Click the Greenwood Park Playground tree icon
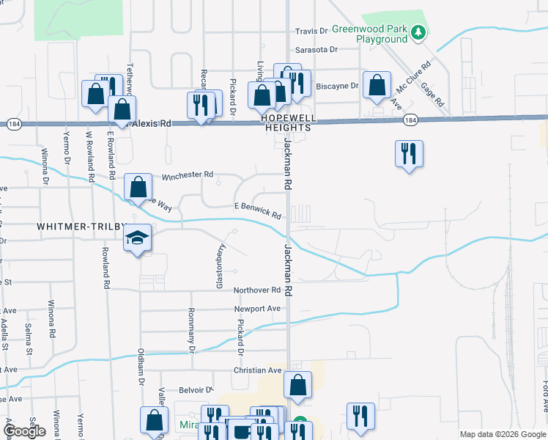pyautogui.click(x=418, y=32)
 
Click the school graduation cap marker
pyautogui.click(x=137, y=238)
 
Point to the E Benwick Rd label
pyautogui.click(x=258, y=210)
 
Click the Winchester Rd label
pyautogui.click(x=187, y=175)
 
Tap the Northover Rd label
pyautogui.click(x=257, y=290)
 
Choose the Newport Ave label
pyautogui.click(x=258, y=309)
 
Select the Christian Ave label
pyautogui.click(x=258, y=371)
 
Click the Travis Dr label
pyautogui.click(x=311, y=31)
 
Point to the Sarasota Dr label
pyautogui.click(x=316, y=50)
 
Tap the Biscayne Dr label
pyautogui.click(x=337, y=86)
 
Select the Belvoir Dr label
pyautogui.click(x=195, y=390)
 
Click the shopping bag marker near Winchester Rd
pyautogui.click(x=138, y=188)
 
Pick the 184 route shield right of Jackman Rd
pyautogui.click(x=410, y=120)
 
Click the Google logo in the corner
pyautogui.click(x=24, y=431)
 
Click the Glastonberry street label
pyautogui.click(x=218, y=266)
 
